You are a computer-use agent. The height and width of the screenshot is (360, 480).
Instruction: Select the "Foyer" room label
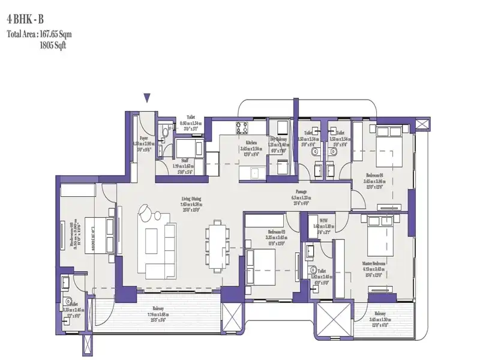coord(144,137)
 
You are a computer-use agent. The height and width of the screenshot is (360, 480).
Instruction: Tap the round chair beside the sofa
coord(148,214)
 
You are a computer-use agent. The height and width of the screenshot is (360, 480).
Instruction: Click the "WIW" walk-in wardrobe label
coord(323,220)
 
